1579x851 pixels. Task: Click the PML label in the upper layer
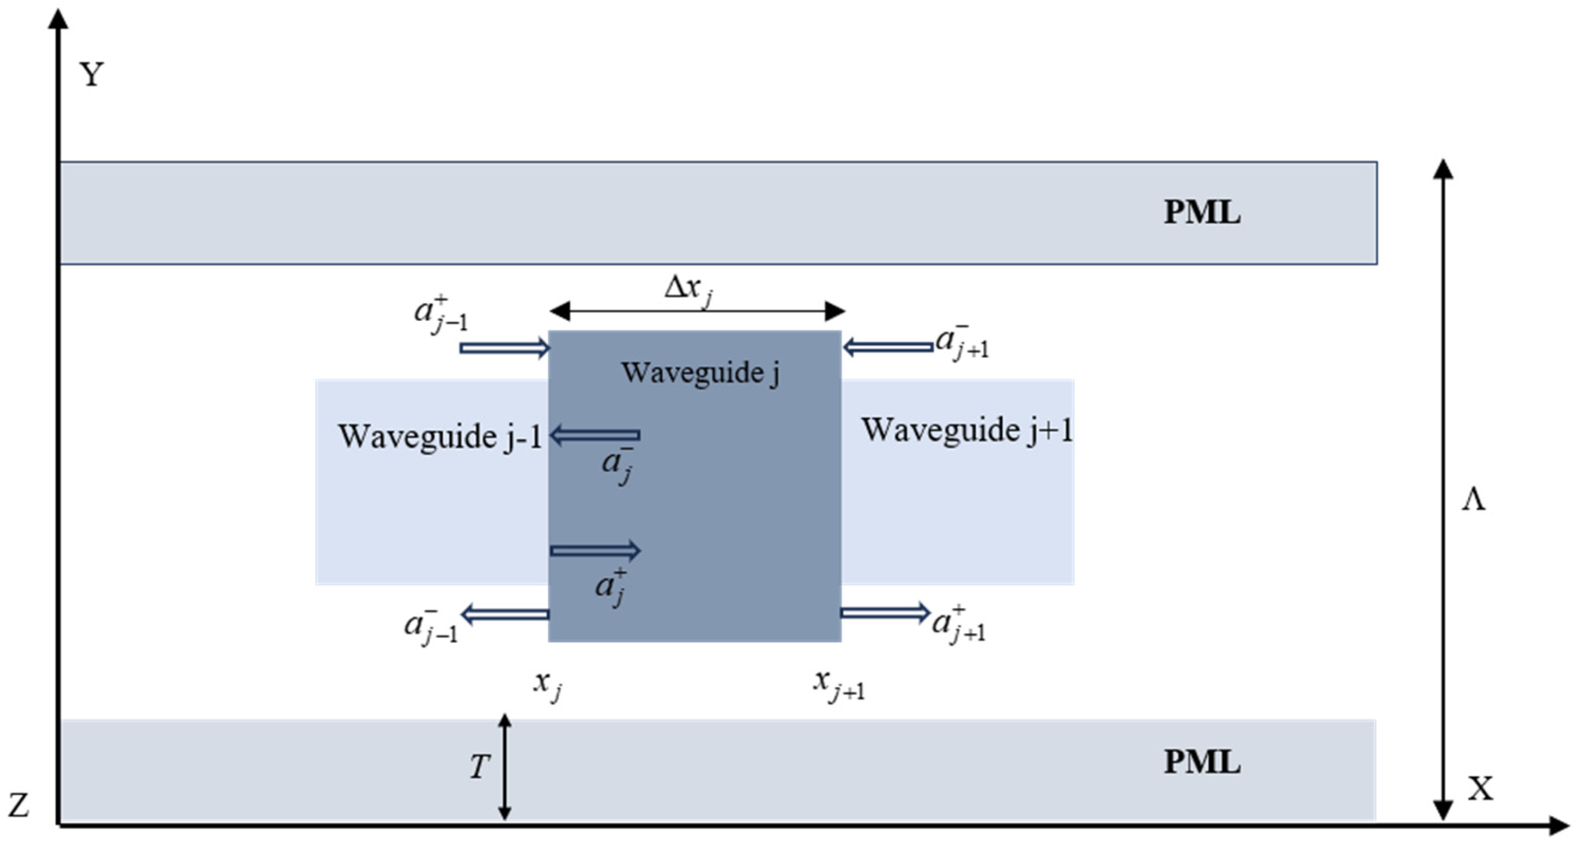pyautogui.click(x=1201, y=213)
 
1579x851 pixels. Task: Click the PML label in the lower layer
pyautogui.click(x=1201, y=762)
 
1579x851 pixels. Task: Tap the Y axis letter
pyautogui.click(x=92, y=75)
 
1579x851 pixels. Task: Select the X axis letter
pyautogui.click(x=1480, y=789)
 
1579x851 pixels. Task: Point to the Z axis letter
pyautogui.click(x=19, y=805)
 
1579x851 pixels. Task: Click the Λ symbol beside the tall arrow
pyautogui.click(x=1474, y=500)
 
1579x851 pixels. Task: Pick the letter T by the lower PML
pyautogui.click(x=479, y=766)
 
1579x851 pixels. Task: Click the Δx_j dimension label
pyautogui.click(x=688, y=289)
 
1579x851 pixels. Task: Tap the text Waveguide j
pyautogui.click(x=701, y=372)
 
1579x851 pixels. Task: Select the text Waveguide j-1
pyautogui.click(x=439, y=437)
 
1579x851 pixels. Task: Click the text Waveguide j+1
pyautogui.click(x=967, y=430)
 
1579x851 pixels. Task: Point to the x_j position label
pyautogui.click(x=548, y=684)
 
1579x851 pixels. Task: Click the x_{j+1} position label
pyautogui.click(x=838, y=684)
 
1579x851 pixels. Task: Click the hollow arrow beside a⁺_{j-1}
pyautogui.click(x=504, y=348)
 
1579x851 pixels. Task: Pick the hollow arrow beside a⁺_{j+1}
pyautogui.click(x=885, y=613)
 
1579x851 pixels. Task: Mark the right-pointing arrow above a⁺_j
pyautogui.click(x=595, y=550)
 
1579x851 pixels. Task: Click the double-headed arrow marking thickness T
pyautogui.click(x=504, y=766)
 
